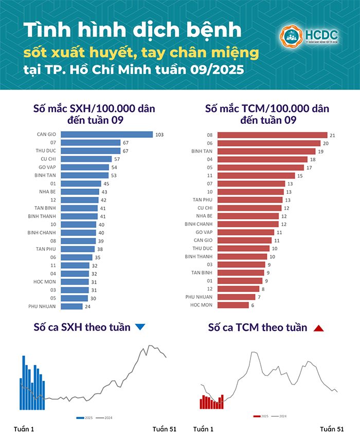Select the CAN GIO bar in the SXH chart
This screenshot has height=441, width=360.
pos(106,134)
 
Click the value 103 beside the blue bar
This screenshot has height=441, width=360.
pos(159,135)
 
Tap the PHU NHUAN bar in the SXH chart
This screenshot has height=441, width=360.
pos(71,306)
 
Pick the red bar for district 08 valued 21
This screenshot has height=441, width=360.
pos(272,135)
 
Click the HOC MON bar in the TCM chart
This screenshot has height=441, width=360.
pos(233,305)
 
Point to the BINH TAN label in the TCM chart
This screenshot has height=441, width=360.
pos(202,152)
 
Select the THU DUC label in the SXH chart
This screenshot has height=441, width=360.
pos(46,151)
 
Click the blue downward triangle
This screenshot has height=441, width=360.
pos(140,327)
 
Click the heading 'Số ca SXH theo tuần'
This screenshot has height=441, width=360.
pos(82,327)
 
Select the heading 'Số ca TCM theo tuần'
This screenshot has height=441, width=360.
pos(258,327)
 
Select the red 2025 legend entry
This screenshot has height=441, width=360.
pos(261,416)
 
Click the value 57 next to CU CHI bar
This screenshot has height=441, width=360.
pos(117,159)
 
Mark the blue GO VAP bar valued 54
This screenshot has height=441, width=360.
pos(85,167)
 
